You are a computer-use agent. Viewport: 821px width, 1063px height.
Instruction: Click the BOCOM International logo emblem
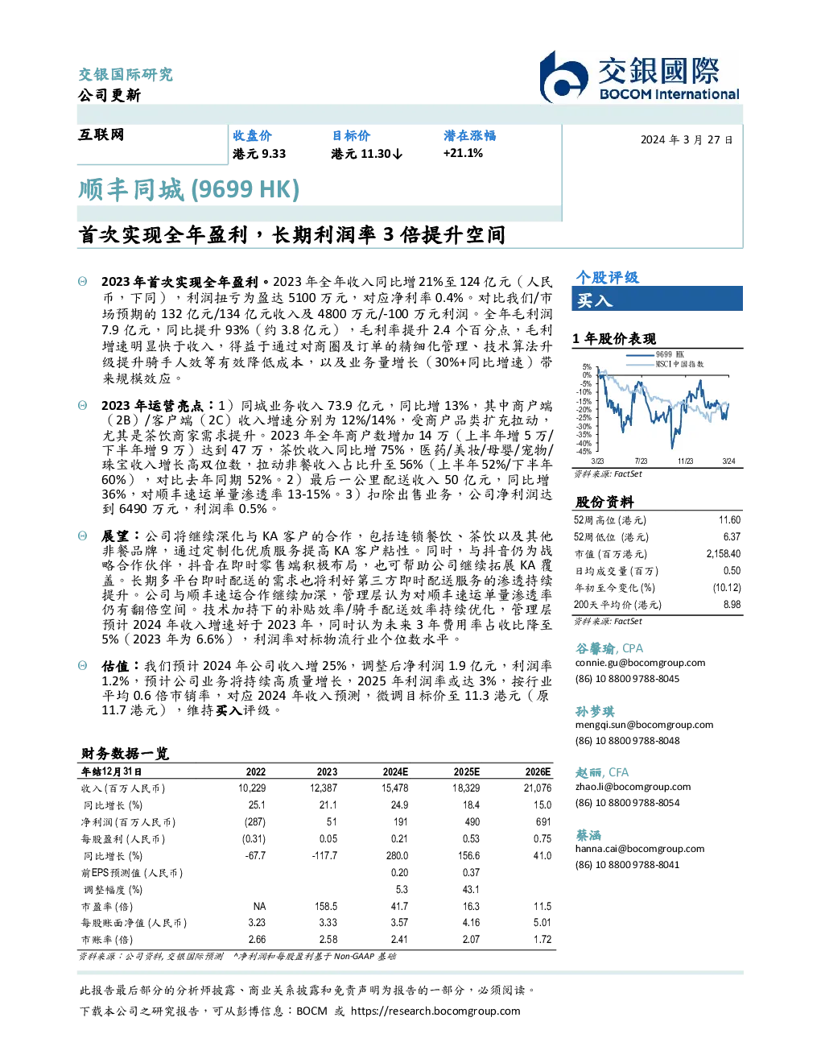point(563,78)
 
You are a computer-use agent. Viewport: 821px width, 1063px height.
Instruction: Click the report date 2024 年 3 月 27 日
point(687,140)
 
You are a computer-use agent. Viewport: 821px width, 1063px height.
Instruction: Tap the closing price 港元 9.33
point(259,154)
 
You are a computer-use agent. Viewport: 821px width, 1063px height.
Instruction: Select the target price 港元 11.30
point(366,154)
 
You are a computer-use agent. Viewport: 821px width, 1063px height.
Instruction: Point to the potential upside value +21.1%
point(463,153)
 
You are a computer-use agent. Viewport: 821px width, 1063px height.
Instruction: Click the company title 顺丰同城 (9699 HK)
point(188,190)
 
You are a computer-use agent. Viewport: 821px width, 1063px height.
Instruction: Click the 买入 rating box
point(657,300)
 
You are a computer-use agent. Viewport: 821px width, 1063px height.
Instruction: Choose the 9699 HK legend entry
point(655,354)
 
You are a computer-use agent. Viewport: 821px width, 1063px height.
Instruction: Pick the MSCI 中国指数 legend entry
point(666,364)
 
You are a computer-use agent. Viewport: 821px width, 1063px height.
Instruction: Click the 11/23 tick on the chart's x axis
point(685,461)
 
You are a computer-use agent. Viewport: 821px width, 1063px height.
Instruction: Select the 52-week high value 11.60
point(729,520)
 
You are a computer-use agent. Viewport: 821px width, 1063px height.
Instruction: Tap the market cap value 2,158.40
point(723,554)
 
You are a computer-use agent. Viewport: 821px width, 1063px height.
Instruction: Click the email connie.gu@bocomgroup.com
point(640,663)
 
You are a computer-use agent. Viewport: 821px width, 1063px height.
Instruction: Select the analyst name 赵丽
point(588,772)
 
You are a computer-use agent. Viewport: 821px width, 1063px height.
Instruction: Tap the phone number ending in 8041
point(627,864)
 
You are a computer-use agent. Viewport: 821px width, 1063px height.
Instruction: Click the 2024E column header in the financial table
point(395,772)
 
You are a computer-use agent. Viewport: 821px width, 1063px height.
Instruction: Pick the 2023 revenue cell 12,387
point(324,788)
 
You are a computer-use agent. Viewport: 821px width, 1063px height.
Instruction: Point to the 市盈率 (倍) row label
point(106,907)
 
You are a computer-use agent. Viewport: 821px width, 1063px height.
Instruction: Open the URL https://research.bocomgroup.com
point(435,1011)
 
